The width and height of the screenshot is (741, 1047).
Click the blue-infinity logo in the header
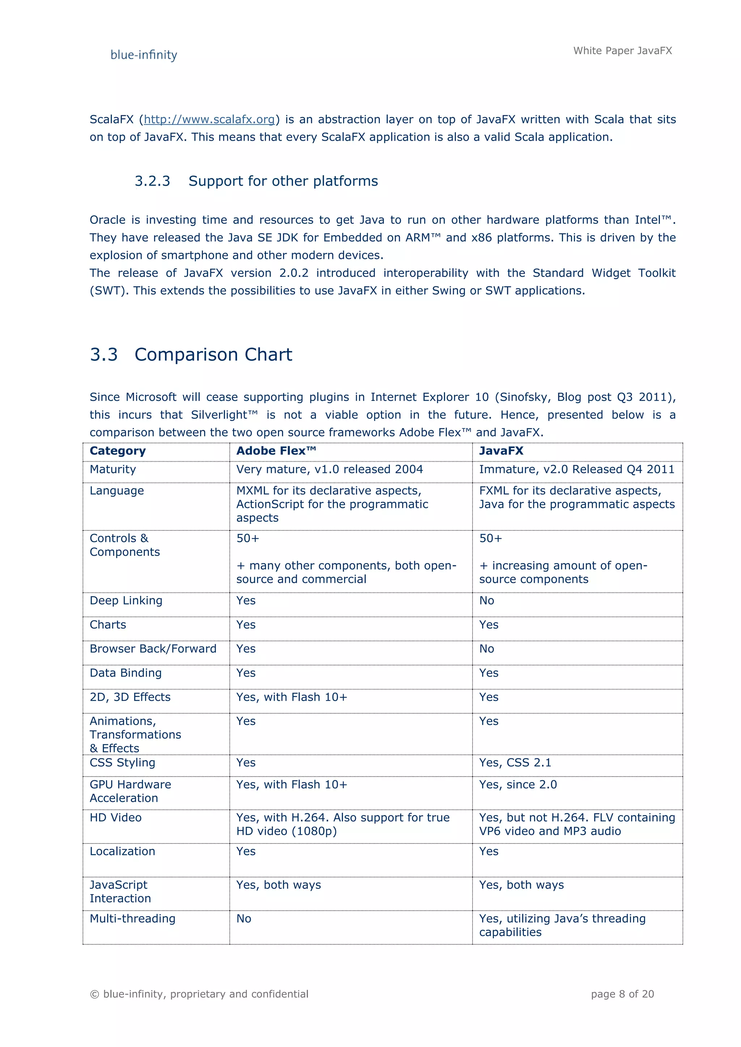pos(144,55)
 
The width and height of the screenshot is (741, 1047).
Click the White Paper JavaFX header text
pos(622,51)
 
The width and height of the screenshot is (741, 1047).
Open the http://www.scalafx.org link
pos(209,119)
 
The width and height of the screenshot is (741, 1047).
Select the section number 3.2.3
pos(152,181)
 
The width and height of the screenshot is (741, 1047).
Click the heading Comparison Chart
pos(213,354)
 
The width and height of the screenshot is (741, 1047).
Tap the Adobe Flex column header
pos(276,451)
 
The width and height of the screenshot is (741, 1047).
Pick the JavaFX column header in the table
pos(501,451)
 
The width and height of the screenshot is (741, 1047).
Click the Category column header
pos(118,451)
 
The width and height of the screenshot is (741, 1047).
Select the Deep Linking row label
pos(126,601)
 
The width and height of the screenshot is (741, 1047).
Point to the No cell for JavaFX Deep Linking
pos(486,601)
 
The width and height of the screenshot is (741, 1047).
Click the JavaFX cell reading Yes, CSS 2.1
pos(515,762)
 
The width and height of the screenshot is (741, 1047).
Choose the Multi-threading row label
pos(132,918)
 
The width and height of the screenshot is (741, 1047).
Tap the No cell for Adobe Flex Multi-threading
pos(244,918)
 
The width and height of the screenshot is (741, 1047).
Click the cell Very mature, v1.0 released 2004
pos(330,469)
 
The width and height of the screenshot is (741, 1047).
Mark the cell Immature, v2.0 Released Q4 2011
pos(576,469)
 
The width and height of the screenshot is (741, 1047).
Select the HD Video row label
pos(115,818)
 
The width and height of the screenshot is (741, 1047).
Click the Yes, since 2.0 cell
pos(518,784)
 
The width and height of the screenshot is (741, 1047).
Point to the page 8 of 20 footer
pos(622,994)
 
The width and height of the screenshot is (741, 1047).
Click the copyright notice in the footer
pos(199,994)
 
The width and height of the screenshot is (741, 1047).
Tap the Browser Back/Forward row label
pos(153,649)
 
